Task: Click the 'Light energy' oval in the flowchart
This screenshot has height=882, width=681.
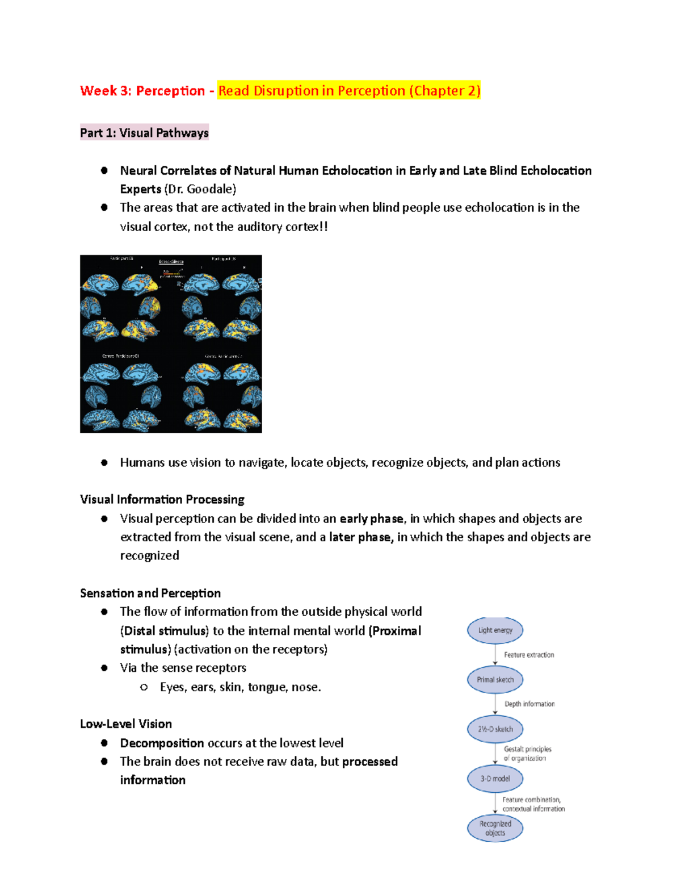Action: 495,630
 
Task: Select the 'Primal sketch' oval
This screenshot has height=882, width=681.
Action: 495,680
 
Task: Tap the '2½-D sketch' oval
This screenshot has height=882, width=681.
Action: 495,729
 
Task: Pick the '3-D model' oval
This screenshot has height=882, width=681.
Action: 495,779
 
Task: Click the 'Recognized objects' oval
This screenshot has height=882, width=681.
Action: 495,828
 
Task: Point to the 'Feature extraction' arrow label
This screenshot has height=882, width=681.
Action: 529,655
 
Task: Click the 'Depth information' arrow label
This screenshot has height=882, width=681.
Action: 529,704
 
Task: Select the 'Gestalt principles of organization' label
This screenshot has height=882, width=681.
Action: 527,754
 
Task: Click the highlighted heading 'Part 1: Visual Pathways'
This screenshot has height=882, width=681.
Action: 144,133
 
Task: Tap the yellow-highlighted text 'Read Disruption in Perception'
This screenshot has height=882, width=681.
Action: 312,91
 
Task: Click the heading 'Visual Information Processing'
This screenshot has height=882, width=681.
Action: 162,499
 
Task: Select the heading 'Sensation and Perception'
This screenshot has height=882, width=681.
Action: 150,593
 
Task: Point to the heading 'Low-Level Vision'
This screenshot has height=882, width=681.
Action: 126,724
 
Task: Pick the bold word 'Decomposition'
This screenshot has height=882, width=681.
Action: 162,743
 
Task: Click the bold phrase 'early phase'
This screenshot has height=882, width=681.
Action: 372,519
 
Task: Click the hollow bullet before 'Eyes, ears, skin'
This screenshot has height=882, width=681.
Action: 144,687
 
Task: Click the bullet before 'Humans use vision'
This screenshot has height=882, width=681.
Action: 104,463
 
